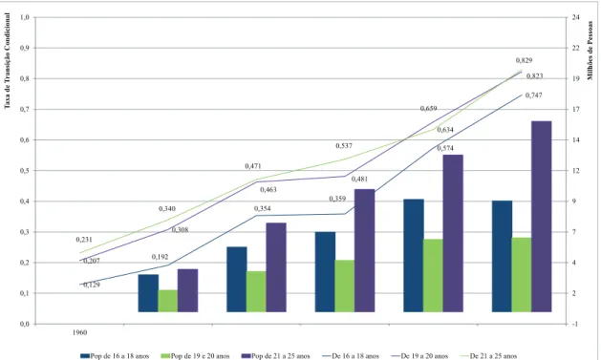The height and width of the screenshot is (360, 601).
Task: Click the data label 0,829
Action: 524,60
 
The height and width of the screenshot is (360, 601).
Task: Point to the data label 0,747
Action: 534,95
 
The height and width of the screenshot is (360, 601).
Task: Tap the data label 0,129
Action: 92,285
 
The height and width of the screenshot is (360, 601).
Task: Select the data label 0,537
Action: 344,146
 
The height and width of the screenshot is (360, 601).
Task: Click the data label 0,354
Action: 262,209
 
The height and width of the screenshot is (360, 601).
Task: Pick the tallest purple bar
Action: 541,217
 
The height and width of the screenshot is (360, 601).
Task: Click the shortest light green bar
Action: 168,301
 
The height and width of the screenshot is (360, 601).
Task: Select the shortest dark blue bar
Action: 148,293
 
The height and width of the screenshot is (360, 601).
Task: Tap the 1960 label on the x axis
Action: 79,333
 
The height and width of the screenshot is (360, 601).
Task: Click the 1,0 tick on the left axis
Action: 25,17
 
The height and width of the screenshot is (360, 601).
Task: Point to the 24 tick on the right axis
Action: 576,17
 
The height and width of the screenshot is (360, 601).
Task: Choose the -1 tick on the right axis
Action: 576,324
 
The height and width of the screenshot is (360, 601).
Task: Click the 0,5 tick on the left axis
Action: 25,171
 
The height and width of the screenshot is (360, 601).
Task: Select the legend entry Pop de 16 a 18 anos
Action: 115,356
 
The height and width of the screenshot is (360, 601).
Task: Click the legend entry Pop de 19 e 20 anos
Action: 195,356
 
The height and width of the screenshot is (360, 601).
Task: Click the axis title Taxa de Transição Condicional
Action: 8,61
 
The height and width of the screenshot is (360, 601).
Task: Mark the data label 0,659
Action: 428,109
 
